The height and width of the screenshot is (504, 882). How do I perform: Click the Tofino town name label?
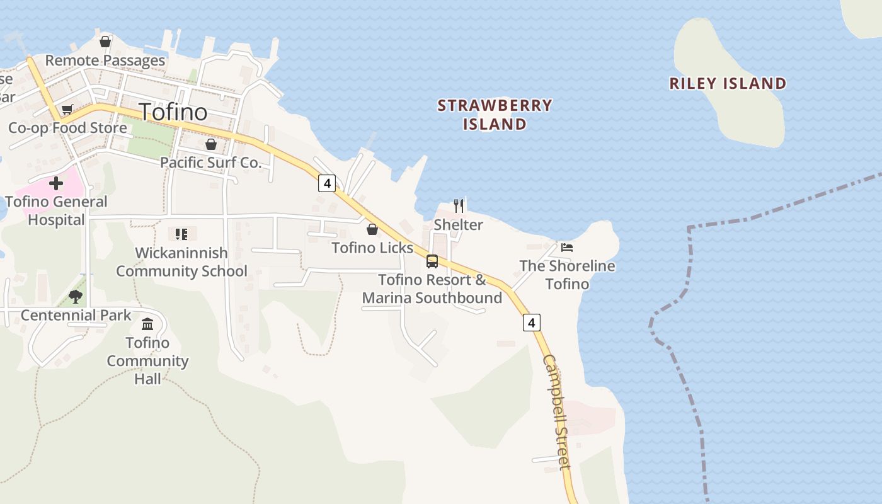coord(173,112)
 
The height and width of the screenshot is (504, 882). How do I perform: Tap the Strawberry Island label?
coord(495,115)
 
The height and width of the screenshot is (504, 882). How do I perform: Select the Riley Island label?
coord(728,83)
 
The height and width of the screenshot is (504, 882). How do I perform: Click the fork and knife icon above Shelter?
coord(459,205)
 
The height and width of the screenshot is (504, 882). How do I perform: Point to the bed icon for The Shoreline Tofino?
coord(567,248)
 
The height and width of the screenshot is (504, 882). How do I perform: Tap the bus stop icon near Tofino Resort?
coord(432,261)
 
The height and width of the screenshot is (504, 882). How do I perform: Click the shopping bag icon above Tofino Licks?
coord(372,229)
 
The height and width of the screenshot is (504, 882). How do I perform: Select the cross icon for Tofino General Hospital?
coord(56,183)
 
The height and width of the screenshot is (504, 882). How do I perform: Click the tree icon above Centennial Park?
coord(76,296)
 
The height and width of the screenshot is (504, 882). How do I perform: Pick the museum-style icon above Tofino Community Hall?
coord(147,324)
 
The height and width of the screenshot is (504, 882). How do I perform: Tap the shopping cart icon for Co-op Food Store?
coord(67,110)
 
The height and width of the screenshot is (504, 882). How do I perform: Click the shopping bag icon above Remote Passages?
coord(105,42)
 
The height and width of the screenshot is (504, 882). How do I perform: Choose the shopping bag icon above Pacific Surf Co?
coord(211,144)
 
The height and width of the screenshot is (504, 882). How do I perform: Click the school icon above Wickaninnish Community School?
coord(181,234)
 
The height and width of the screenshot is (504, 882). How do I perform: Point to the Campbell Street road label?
coord(557,413)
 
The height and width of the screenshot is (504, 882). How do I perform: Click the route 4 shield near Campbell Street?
coord(532,323)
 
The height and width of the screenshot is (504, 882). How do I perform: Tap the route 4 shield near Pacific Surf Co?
coord(326,183)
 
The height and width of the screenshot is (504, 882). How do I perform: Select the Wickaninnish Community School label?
coord(181,262)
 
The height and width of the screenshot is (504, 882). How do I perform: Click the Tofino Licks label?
coord(372,248)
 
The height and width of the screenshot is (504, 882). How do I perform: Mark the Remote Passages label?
coord(105,60)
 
